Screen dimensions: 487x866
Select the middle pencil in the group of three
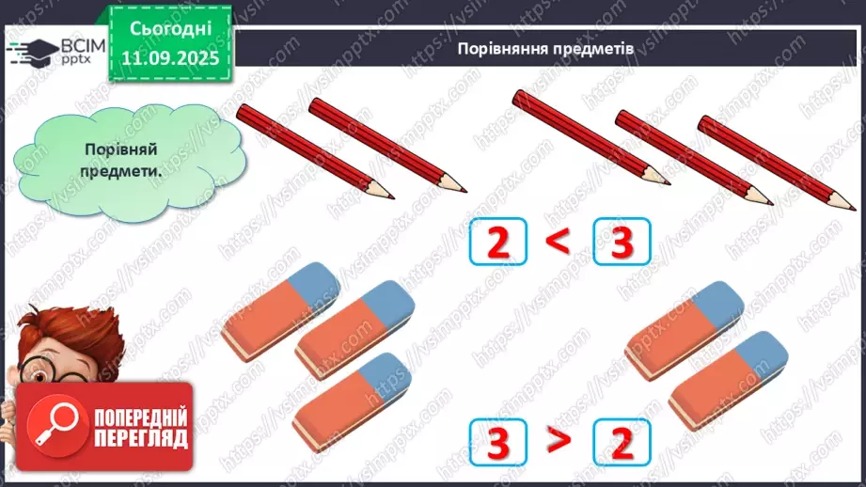pos(691,156)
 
